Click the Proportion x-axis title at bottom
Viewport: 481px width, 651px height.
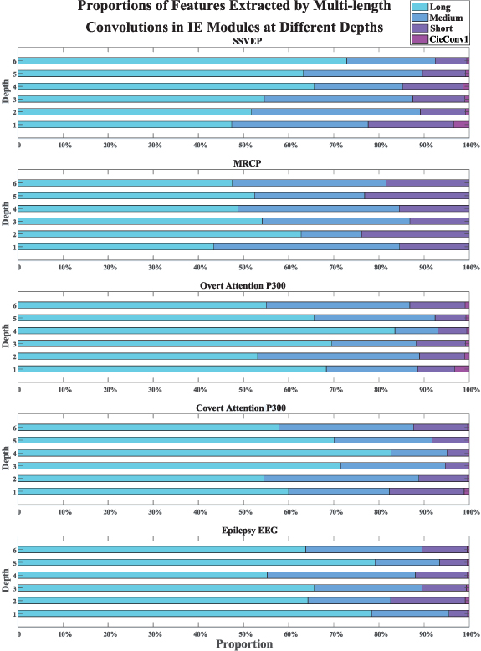243,644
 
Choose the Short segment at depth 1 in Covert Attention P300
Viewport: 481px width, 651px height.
426,491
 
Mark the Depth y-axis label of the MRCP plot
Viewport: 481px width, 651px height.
7,214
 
